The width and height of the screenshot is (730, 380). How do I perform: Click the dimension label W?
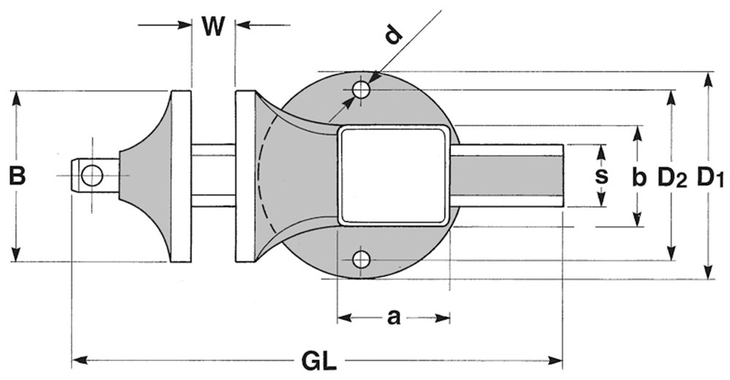coord(213,26)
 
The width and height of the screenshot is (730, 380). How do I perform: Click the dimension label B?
coord(18,176)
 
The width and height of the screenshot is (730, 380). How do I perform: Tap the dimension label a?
coord(394,318)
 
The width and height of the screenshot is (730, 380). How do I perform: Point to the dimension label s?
coord(602,176)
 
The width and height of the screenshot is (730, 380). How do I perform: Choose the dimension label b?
coord(639,177)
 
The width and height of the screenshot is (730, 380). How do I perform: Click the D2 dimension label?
coord(672,178)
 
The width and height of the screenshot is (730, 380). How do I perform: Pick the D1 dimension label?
coord(710,178)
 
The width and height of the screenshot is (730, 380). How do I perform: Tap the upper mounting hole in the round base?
coord(361,90)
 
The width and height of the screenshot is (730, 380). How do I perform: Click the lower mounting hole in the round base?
coord(361,259)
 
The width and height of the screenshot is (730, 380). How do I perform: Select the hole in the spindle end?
coord(92,176)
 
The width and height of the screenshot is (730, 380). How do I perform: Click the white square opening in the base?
coord(394,176)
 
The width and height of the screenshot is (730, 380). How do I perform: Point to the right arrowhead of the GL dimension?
coord(555,360)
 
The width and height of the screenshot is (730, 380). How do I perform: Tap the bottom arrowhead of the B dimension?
coord(17,254)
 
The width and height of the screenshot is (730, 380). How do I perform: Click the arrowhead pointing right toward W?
coord(185,25)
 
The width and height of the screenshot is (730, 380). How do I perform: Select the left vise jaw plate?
coord(181,176)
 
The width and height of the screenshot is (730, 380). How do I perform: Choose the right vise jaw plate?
coord(245,176)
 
